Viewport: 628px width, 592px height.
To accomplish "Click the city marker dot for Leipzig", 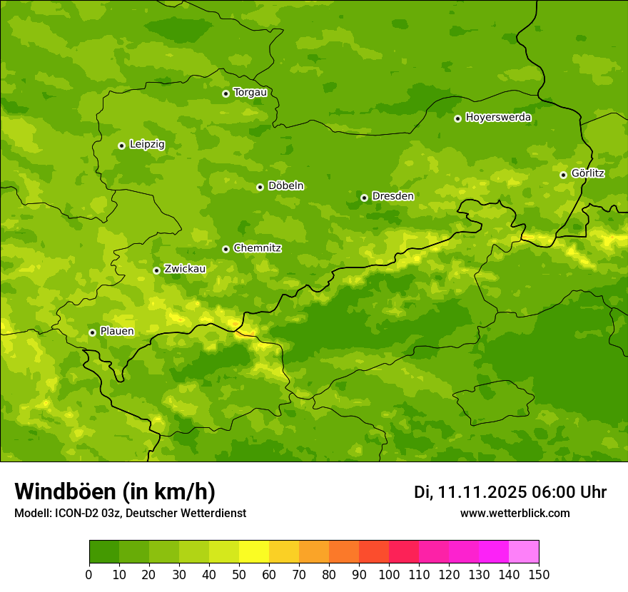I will (122, 146).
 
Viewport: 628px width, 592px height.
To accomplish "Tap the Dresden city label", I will (392, 196).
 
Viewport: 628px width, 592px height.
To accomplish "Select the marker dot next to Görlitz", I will (563, 175).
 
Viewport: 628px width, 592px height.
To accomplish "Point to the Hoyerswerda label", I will (498, 118).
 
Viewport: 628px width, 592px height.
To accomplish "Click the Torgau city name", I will (250, 92).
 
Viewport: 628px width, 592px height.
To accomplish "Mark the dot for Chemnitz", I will (226, 249).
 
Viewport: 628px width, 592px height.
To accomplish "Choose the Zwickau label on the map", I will (185, 269).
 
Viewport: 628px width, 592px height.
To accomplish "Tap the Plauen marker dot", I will (92, 332).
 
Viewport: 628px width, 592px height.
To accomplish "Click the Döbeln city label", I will (285, 186).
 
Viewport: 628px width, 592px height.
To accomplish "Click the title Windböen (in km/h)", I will (114, 491).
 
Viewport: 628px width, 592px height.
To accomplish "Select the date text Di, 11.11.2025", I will (470, 492).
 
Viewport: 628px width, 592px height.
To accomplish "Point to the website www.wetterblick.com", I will (515, 514).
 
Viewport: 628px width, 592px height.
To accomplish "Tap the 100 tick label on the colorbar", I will (389, 575).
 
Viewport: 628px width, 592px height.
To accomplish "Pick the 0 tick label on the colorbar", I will (89, 575).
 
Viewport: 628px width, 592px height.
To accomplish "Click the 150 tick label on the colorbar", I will (539, 575).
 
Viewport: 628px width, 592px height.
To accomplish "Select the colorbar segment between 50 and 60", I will (254, 552).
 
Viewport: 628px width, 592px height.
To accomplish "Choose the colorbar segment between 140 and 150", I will (524, 552).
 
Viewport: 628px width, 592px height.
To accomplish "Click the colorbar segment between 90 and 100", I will (374, 552).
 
